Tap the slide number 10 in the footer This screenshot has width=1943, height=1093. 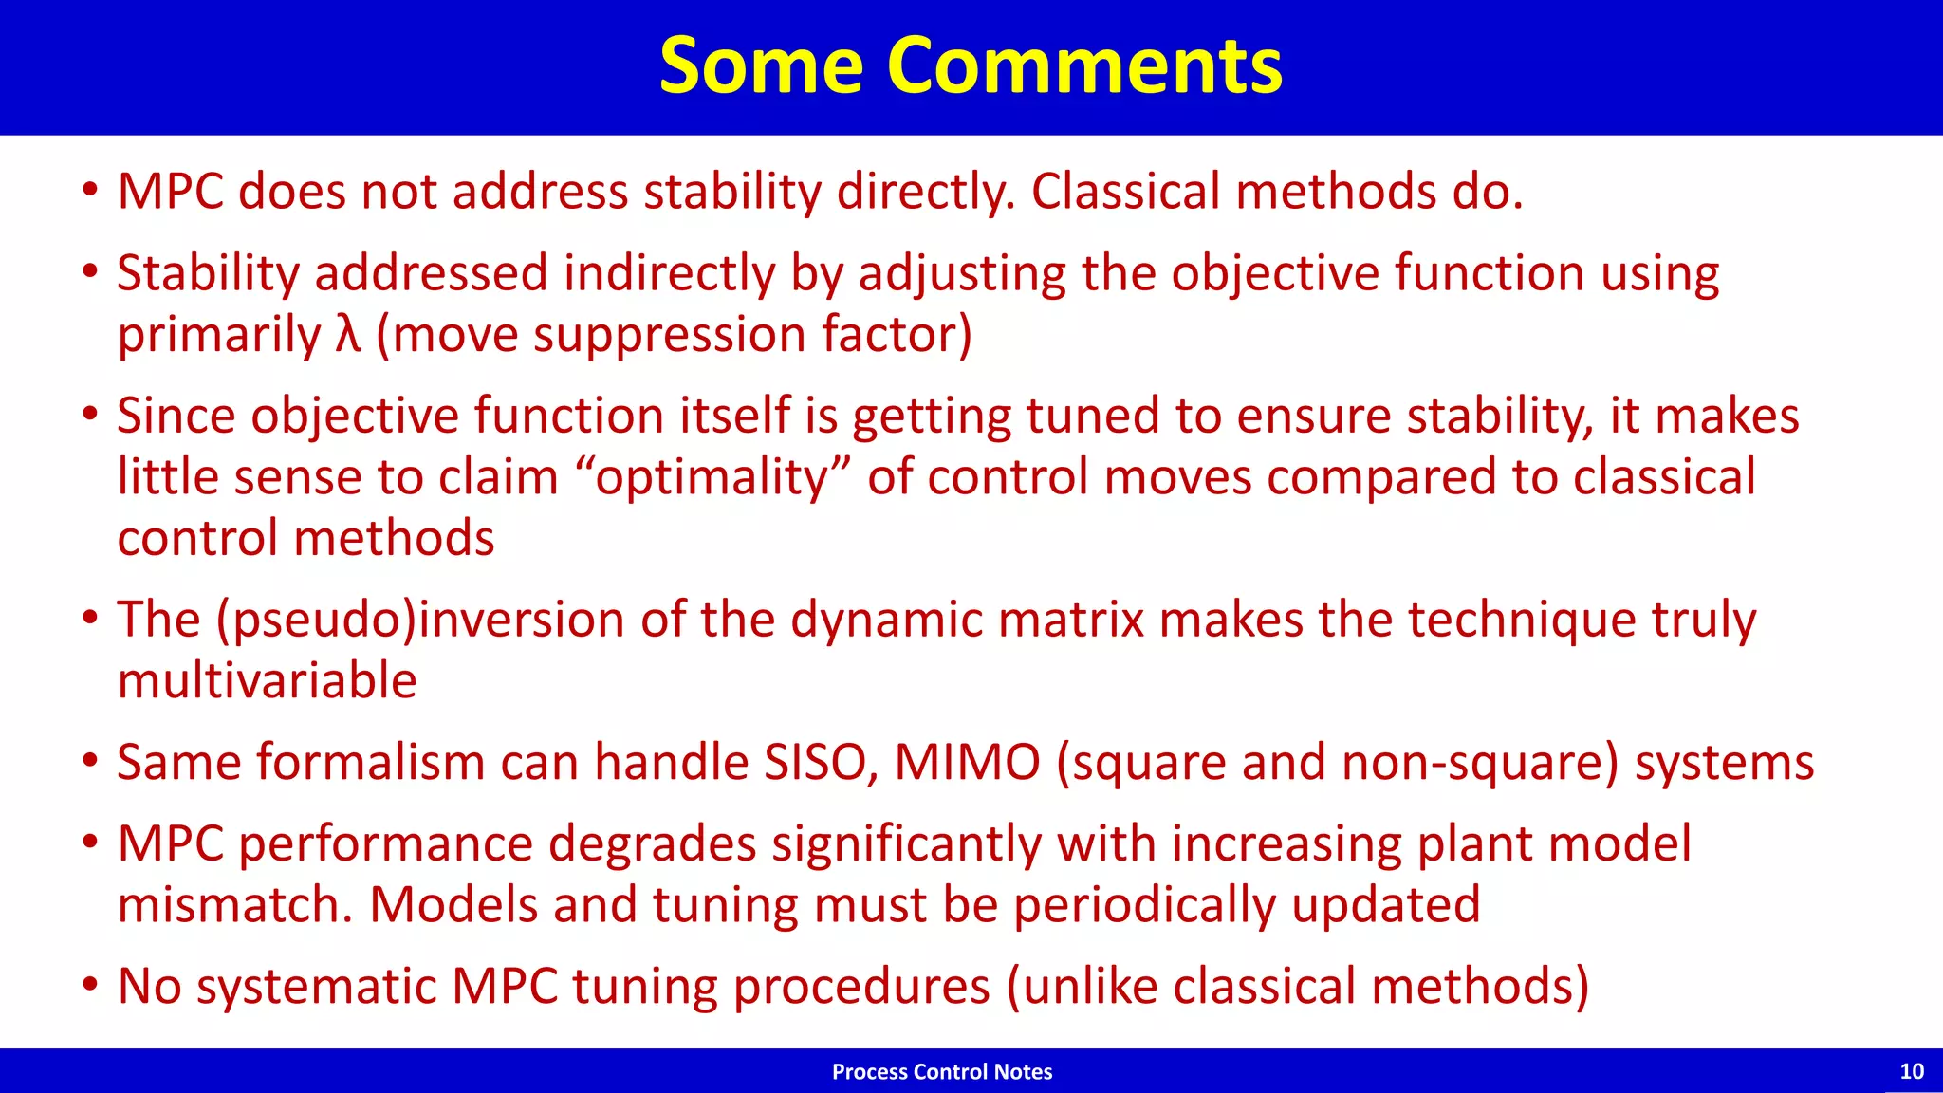tap(1911, 1071)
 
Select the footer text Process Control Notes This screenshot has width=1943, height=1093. tap(941, 1071)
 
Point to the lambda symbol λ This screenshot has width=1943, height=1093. tap(348, 334)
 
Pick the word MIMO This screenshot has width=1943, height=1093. tap(967, 762)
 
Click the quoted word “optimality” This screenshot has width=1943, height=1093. tap(713, 476)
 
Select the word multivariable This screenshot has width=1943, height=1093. tap(267, 681)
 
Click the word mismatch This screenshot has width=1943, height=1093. tap(234, 904)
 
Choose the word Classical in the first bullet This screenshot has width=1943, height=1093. tap(1125, 192)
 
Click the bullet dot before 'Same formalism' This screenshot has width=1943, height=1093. tap(90, 761)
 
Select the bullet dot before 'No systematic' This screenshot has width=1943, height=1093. tap(90, 985)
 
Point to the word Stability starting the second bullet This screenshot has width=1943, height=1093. tap(208, 273)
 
